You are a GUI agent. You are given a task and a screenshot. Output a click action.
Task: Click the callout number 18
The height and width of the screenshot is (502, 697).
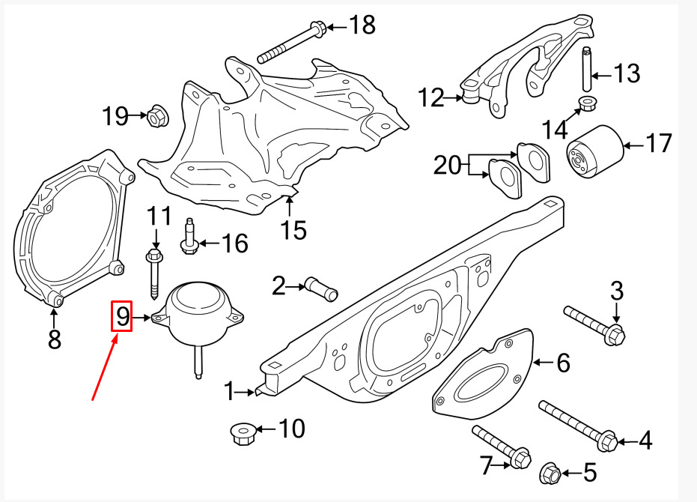pos(362,25)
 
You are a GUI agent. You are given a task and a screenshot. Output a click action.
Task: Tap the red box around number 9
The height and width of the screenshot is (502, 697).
pos(121,316)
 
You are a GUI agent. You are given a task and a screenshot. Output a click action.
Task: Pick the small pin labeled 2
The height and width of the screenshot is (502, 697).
pos(321,288)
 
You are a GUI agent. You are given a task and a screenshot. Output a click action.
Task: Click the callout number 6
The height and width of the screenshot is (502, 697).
pos(563,363)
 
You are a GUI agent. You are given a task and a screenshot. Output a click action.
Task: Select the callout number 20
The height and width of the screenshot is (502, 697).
pos(448,165)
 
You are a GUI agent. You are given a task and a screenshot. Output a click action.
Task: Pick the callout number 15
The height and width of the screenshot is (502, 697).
pos(293,230)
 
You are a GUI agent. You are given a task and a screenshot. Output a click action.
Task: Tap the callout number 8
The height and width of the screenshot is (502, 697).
pos(54,339)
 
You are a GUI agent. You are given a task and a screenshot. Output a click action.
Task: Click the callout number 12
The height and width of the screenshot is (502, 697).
pos(430,97)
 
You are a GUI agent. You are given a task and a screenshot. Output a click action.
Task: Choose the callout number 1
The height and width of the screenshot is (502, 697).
pos(229,392)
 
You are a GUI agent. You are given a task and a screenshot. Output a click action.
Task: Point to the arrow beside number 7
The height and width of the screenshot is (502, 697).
pos(502,465)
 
